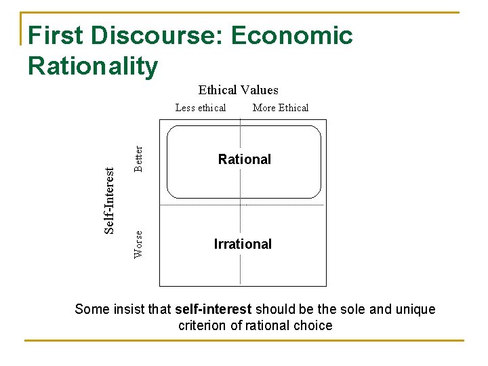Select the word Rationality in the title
click(93, 66)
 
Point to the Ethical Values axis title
click(238, 90)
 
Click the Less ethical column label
click(201, 108)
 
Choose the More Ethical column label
click(280, 108)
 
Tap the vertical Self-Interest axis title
click(109, 201)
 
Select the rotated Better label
click(138, 159)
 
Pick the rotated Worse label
click(138, 244)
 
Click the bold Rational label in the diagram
click(244, 159)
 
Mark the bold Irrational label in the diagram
click(243, 244)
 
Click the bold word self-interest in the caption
click(213, 310)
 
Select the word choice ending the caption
click(313, 325)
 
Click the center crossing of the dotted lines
click(241, 204)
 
